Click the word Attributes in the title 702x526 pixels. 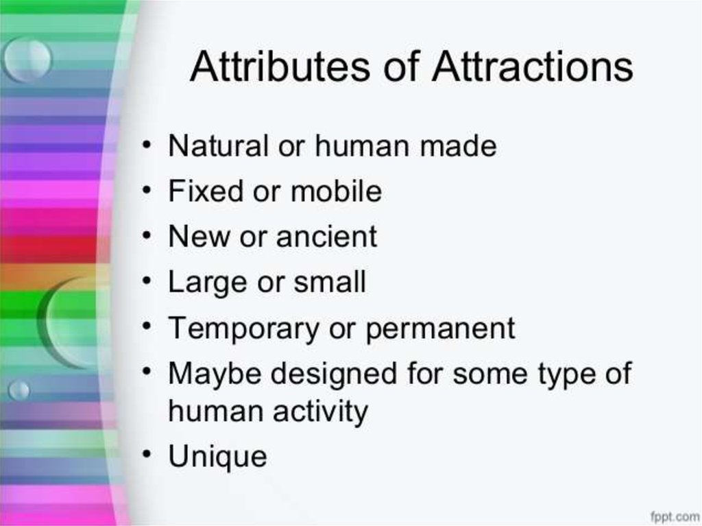[x=280, y=67]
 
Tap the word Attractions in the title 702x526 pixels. [x=532, y=67]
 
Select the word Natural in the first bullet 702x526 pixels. [x=219, y=145]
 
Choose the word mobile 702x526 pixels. [x=336, y=191]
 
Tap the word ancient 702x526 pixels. [x=326, y=236]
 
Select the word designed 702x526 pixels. [x=334, y=374]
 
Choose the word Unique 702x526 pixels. [x=217, y=457]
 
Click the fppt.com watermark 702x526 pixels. [x=675, y=516]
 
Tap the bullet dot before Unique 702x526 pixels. [x=147, y=454]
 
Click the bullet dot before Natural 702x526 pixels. [x=147, y=144]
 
